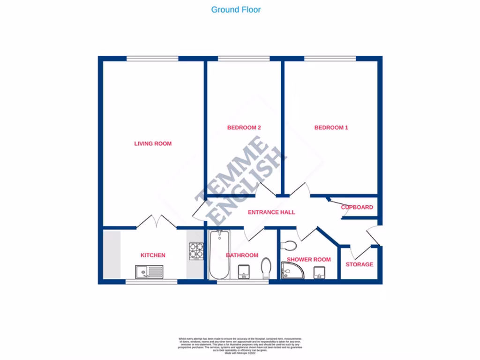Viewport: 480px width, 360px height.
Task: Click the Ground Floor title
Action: point(236,9)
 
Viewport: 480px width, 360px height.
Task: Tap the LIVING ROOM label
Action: point(153,143)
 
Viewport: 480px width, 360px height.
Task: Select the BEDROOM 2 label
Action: point(244,127)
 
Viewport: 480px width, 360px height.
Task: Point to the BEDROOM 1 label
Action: point(331,127)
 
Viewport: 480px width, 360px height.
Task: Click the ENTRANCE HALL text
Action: point(271,212)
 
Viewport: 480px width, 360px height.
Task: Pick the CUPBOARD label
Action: point(357,207)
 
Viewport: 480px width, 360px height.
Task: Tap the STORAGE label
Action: point(360,264)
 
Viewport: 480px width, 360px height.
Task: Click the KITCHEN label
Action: point(153,255)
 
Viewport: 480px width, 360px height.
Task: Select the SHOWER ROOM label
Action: point(309,259)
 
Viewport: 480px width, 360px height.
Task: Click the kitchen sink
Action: point(149,272)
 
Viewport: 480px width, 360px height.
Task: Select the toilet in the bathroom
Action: point(266,268)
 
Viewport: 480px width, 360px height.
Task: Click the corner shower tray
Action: point(292,271)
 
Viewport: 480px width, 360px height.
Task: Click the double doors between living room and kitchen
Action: point(157,221)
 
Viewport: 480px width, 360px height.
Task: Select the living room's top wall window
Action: point(152,59)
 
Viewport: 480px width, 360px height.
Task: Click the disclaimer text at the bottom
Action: point(240,345)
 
